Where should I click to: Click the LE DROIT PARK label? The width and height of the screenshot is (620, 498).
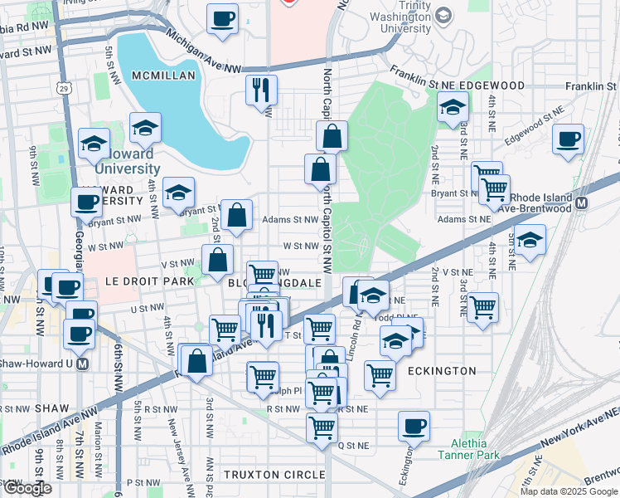[149, 281]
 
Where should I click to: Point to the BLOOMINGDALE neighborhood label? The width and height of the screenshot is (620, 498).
[274, 283]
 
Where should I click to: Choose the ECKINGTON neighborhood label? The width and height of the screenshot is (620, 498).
[441, 371]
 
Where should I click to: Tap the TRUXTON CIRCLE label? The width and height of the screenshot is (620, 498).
[274, 474]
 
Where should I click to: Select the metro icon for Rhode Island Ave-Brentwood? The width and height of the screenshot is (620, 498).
[582, 203]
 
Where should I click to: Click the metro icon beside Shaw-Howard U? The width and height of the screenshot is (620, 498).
[82, 364]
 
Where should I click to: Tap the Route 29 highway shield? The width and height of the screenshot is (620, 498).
[64, 88]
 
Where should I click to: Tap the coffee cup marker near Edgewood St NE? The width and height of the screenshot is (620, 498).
[568, 139]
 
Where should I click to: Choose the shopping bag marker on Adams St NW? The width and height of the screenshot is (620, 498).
[237, 215]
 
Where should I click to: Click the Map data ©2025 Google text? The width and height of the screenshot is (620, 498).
[569, 491]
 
